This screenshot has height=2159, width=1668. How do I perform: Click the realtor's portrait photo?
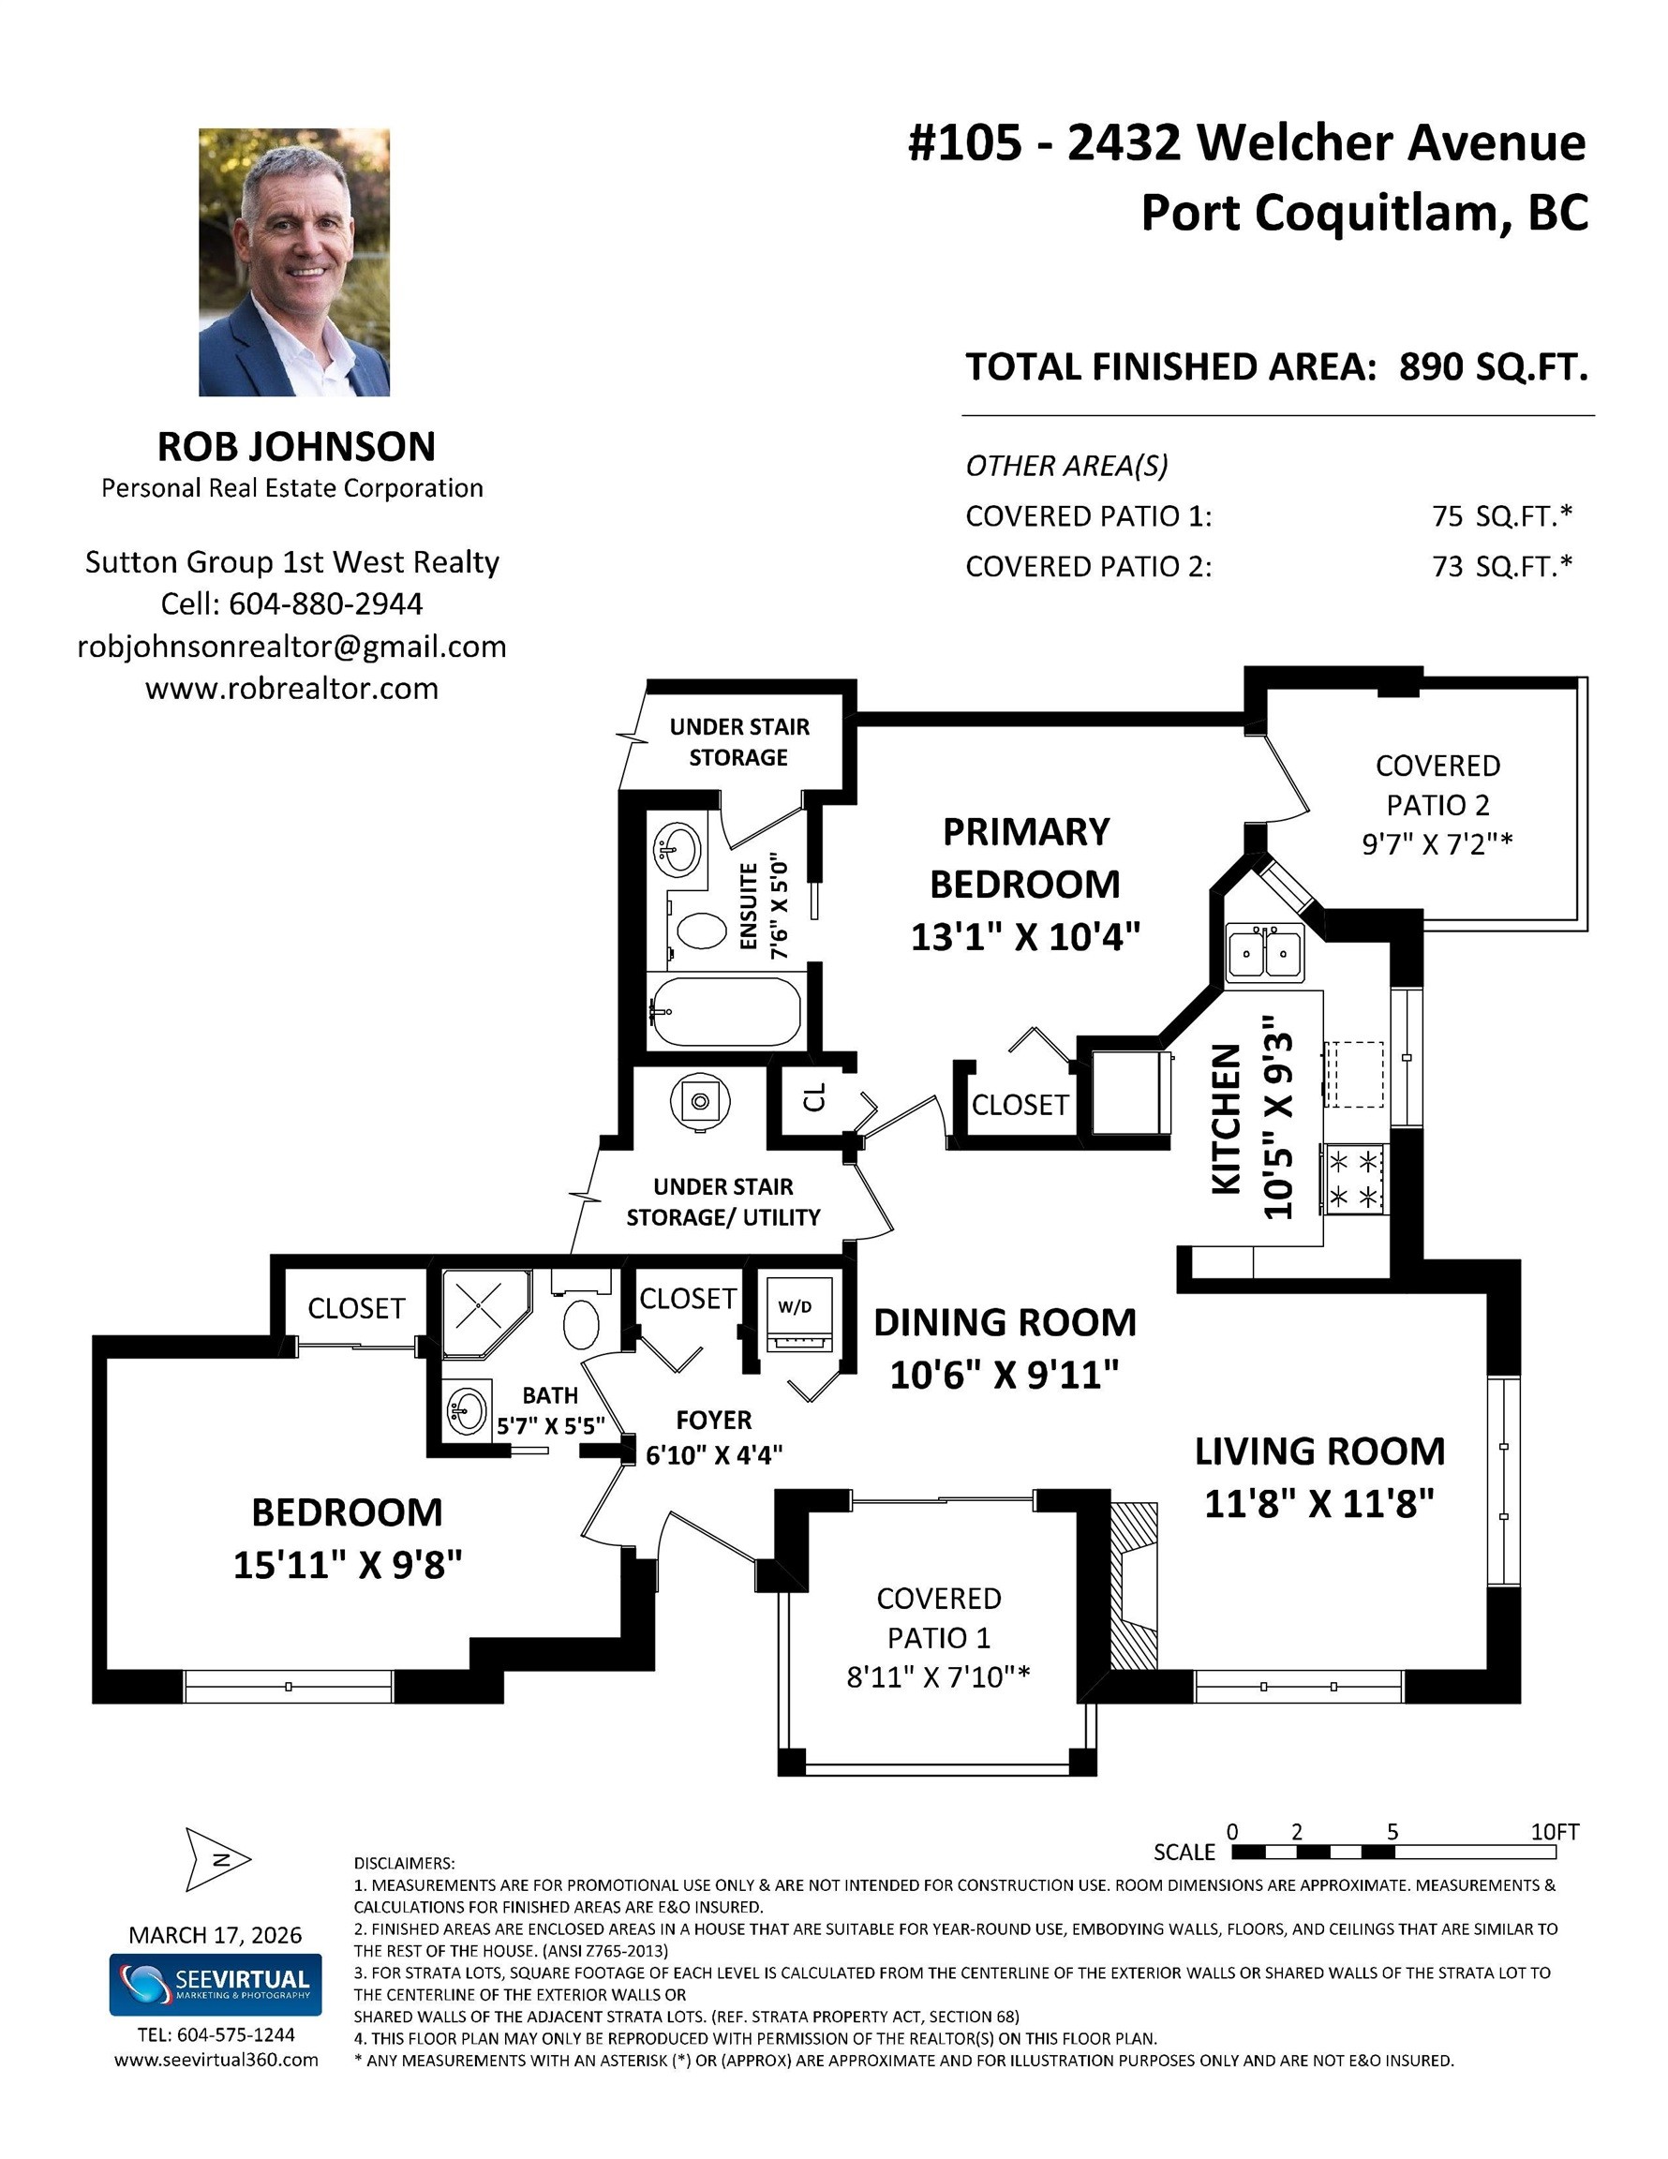[x=293, y=262]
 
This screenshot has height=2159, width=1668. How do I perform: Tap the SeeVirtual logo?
[x=216, y=1984]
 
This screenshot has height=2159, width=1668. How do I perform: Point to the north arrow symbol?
[x=218, y=1859]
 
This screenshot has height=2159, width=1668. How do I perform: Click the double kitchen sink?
[x=1265, y=952]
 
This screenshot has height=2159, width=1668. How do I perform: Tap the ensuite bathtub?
[x=723, y=1011]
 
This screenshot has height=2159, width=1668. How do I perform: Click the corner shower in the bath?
[x=485, y=1313]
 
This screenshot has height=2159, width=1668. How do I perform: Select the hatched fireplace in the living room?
[x=1133, y=1586]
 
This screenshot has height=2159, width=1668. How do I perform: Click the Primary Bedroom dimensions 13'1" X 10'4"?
[x=1025, y=935]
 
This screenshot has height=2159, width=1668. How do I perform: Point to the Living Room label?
[x=1320, y=1452]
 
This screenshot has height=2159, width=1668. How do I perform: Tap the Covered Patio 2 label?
[x=1437, y=785]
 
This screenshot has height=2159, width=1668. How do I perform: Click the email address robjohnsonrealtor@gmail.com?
[x=291, y=647]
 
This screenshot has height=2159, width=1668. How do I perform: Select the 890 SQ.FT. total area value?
[x=1493, y=366]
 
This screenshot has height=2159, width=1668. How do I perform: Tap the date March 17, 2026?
[x=216, y=1935]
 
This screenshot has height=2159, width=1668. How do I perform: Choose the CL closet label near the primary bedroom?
[x=813, y=1096]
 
